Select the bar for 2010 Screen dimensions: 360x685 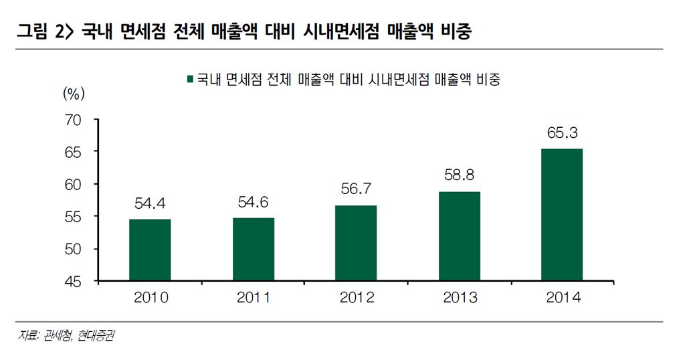pos(150,250)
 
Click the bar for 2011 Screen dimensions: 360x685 pos(254,249)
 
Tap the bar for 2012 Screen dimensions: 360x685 pos(357,243)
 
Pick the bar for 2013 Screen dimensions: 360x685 pos(460,236)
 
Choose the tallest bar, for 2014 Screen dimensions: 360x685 pos(562,215)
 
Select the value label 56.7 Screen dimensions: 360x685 pos(357,189)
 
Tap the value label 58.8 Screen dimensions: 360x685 pos(460,176)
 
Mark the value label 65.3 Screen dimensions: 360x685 pos(563,133)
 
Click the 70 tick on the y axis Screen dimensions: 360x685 pos(73,120)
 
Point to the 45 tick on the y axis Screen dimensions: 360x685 pos(73,282)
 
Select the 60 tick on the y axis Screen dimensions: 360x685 pos(73,185)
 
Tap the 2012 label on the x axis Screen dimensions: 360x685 pos(357,298)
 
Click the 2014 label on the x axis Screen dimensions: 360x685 pos(563,298)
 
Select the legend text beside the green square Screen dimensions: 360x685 pos(349,79)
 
